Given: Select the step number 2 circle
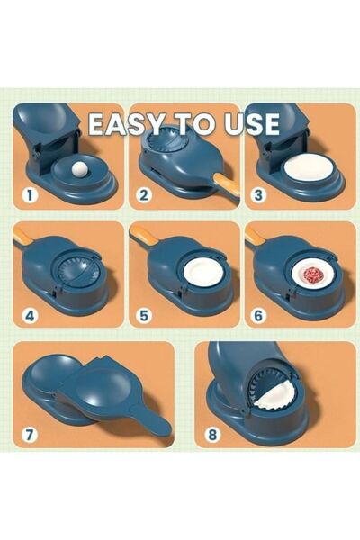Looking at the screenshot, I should coord(143,193).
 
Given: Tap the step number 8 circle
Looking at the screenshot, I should coord(211,434).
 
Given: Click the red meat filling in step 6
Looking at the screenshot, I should coord(312,274).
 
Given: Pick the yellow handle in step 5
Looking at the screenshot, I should coord(141,236).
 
